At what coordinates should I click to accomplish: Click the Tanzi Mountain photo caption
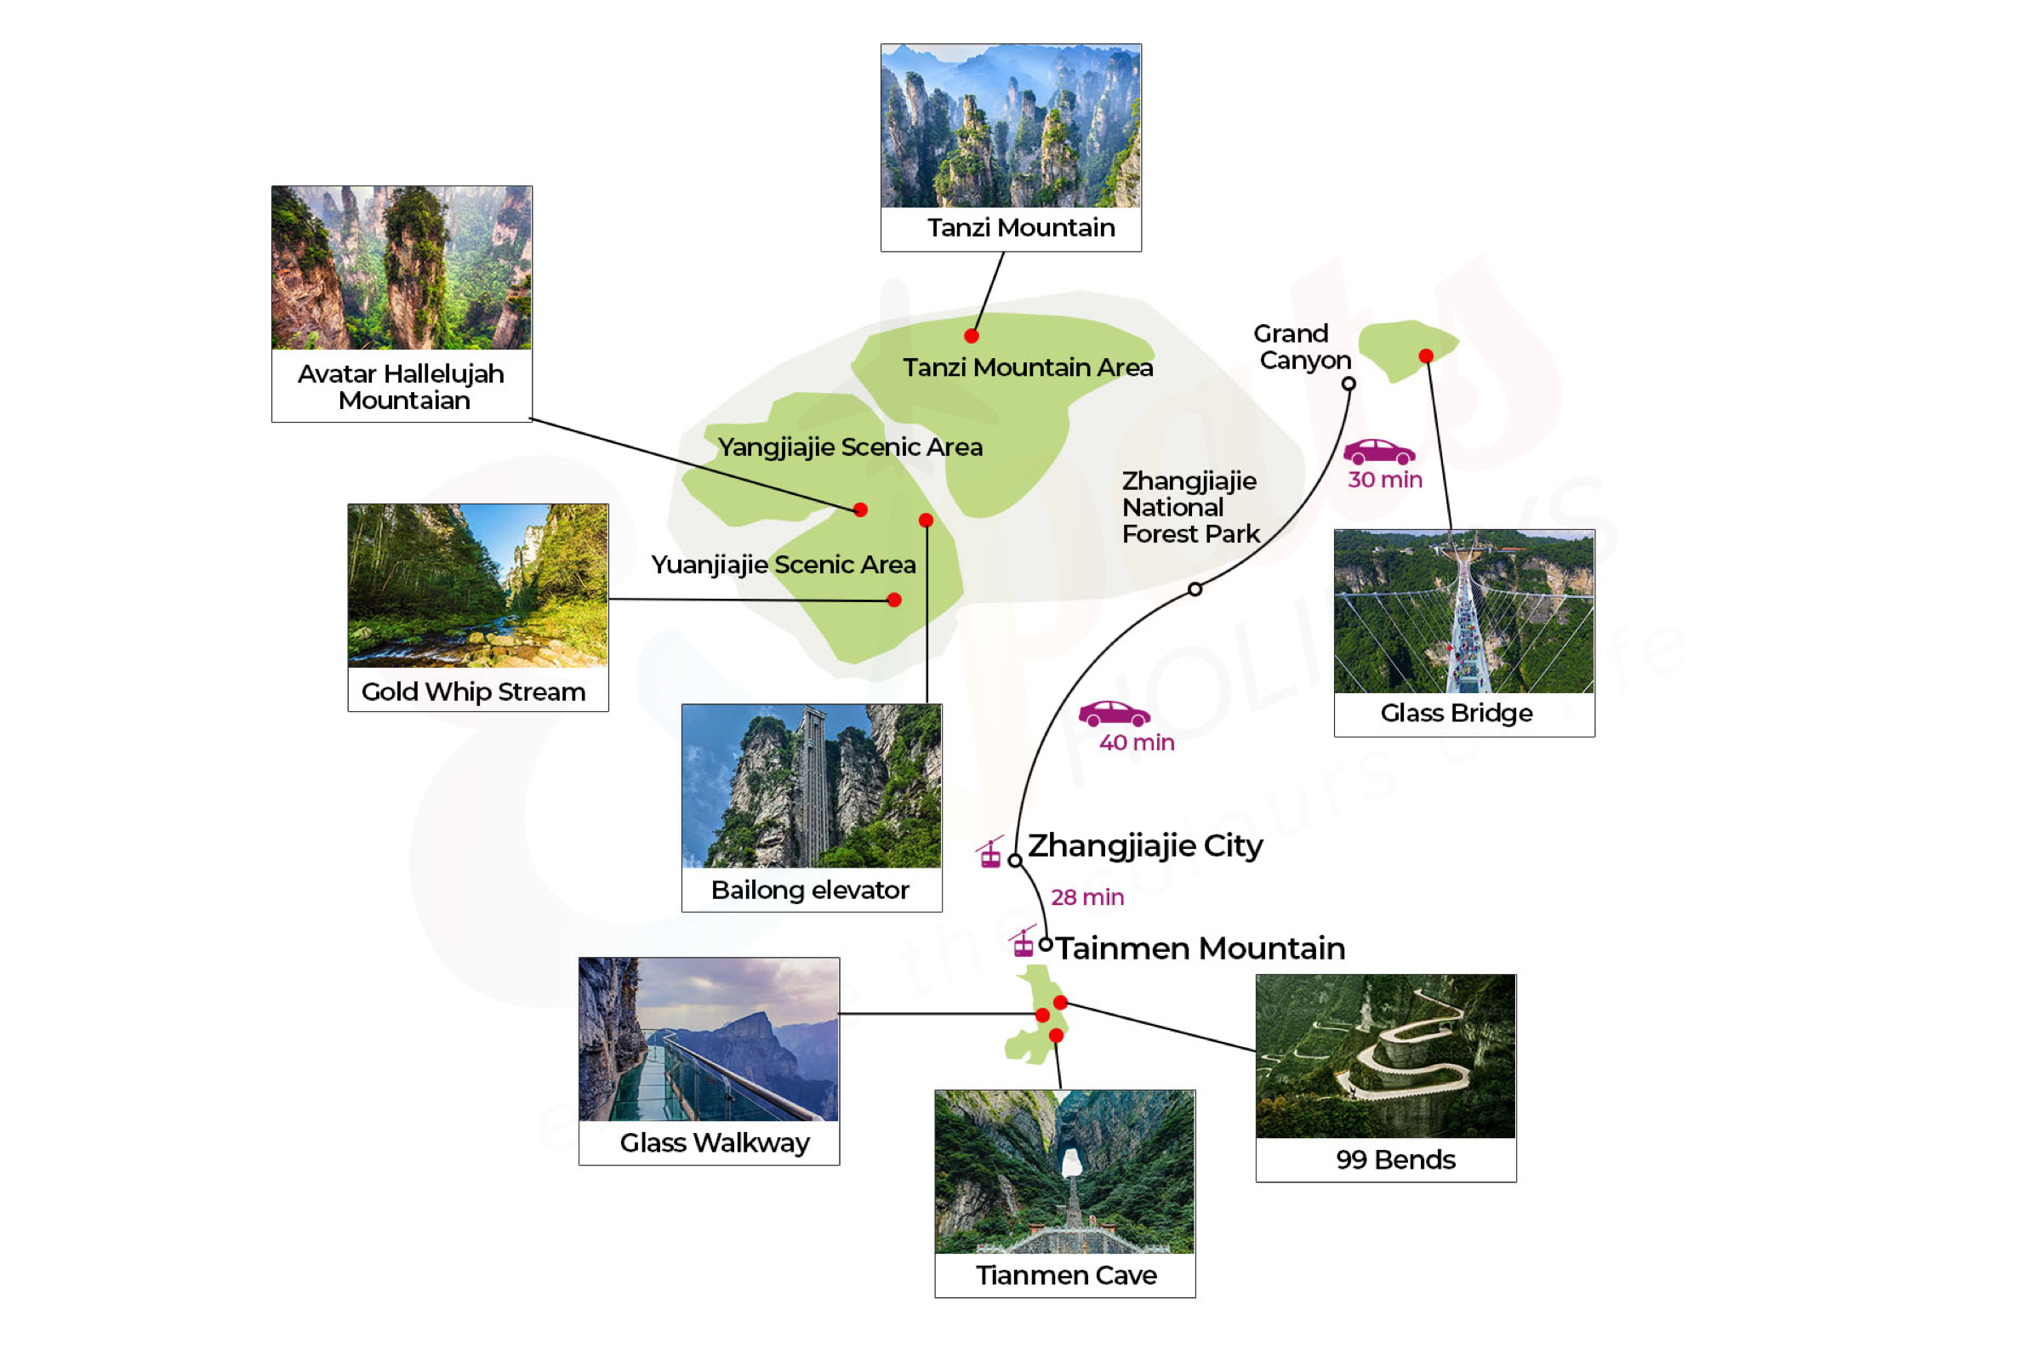tap(1021, 227)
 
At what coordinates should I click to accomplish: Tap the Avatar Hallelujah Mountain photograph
tap(401, 268)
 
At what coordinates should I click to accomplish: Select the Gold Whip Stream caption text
tap(473, 692)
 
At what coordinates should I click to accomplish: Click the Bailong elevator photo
tap(812, 785)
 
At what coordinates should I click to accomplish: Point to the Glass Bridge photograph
tap(1463, 612)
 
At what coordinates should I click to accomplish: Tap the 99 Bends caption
tap(1395, 1159)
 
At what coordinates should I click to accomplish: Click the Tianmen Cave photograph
tap(1064, 1172)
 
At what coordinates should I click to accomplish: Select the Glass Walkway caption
tap(714, 1142)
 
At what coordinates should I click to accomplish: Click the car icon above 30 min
tap(1378, 452)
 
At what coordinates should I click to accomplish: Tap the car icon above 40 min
tap(1115, 714)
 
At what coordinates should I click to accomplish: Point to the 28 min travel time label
tap(1086, 897)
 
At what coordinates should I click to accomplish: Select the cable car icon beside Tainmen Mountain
tap(1023, 942)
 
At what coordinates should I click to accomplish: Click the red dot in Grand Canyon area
tap(1426, 356)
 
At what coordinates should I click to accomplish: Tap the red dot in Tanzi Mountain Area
tap(972, 335)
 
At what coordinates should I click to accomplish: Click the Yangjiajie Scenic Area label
tap(850, 447)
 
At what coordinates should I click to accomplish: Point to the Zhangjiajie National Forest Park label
tap(1190, 508)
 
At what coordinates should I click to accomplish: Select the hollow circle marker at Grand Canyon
tap(1349, 384)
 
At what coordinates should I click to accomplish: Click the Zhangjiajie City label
tap(1145, 846)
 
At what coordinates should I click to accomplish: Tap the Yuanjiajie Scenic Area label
tap(783, 566)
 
